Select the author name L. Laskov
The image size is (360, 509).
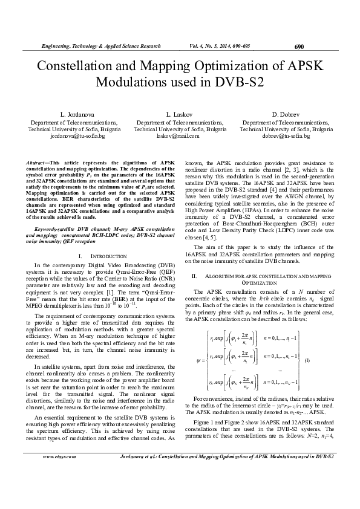[x=180, y=114]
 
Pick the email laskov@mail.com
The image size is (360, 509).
[x=180, y=137]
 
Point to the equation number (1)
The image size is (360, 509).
[x=307, y=360]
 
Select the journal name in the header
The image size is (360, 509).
[x=100, y=47]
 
